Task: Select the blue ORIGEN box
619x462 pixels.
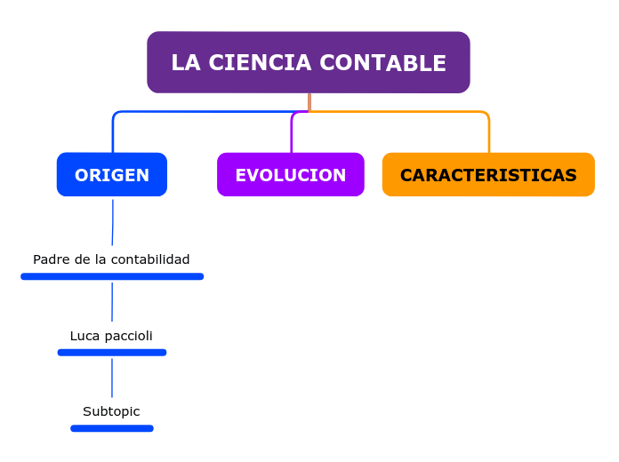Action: point(112,175)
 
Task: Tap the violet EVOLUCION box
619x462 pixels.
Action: point(290,175)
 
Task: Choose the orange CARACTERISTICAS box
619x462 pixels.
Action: point(488,175)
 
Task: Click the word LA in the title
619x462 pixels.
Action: point(185,63)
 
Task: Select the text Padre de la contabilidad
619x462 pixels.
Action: point(111,259)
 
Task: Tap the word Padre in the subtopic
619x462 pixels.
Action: point(51,259)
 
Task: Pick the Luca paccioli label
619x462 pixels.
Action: point(111,336)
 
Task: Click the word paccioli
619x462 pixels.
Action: point(128,336)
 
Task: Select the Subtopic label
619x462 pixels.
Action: point(111,411)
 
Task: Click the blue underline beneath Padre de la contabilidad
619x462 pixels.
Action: point(112,276)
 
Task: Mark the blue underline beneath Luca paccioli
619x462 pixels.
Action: point(112,353)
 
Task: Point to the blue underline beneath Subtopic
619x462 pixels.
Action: point(112,428)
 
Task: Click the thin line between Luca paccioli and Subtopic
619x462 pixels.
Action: point(112,378)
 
